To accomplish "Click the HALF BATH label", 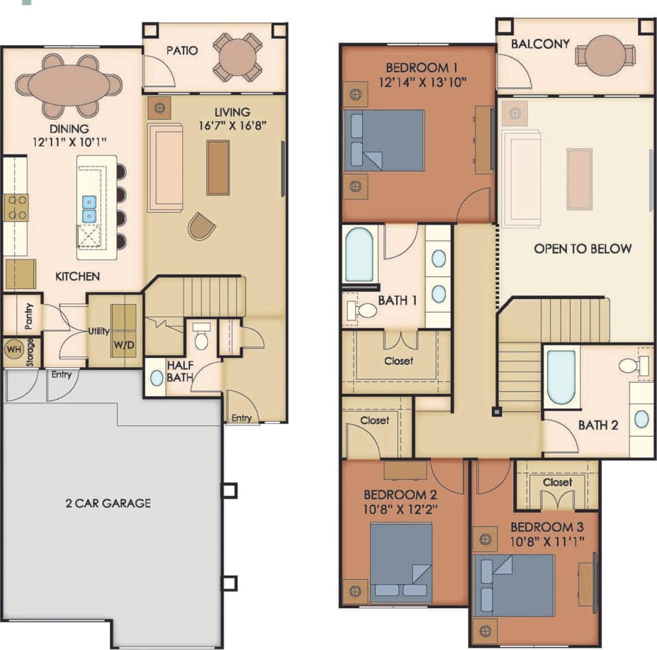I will [180, 371].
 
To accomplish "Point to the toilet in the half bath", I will [201, 338].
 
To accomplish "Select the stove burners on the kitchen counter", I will [16, 207].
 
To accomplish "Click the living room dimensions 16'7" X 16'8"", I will [232, 127].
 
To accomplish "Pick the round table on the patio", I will [238, 57].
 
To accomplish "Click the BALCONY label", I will [540, 44].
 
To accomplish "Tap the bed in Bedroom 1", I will [383, 140].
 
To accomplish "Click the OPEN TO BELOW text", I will [583, 249].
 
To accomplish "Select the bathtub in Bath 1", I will [359, 255].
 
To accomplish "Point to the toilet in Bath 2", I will [629, 366].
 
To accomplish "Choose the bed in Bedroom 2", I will [401, 562].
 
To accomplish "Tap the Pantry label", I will [29, 318].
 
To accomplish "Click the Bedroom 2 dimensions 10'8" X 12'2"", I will [401, 508].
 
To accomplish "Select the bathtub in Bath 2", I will [561, 376].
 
